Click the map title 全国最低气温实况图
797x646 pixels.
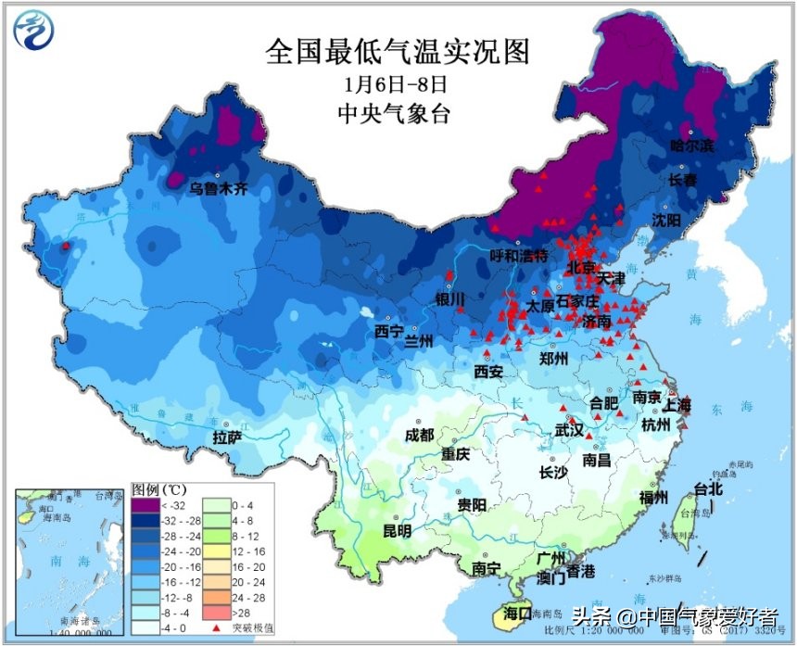(398, 51)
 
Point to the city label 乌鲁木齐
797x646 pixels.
(219, 188)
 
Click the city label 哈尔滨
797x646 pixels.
(693, 146)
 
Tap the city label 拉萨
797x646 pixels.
(227, 437)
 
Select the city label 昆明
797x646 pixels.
(397, 531)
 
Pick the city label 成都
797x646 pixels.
(419, 434)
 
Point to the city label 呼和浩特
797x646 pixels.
(519, 255)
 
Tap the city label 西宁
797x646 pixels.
(390, 331)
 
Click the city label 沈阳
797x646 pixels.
(665, 220)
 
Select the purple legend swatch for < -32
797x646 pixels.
(145, 506)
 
